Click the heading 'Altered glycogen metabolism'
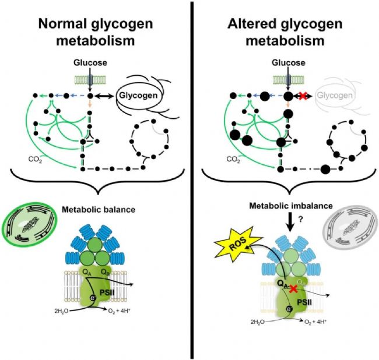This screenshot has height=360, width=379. [x=286, y=34]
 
